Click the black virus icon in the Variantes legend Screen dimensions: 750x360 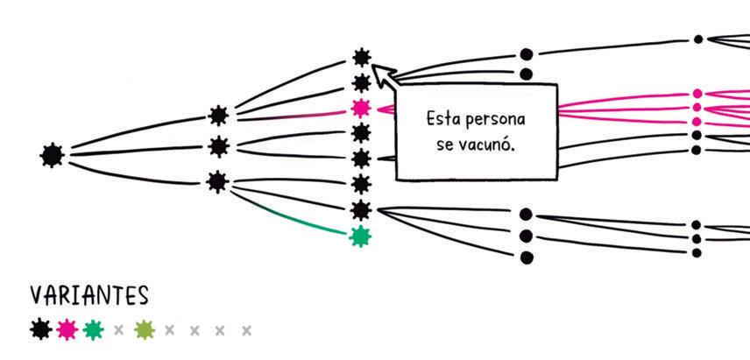click(x=39, y=329)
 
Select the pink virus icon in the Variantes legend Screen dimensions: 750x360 click(x=67, y=329)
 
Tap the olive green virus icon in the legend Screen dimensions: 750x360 click(x=145, y=329)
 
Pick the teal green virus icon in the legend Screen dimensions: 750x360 click(x=94, y=329)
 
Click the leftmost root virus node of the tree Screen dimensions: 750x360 click(x=53, y=155)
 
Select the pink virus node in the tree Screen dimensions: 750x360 click(x=360, y=108)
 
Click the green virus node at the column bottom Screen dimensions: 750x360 click(x=359, y=236)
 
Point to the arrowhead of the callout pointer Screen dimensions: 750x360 click(x=379, y=70)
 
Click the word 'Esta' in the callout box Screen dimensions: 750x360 click(x=442, y=118)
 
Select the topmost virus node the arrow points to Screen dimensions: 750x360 click(x=361, y=58)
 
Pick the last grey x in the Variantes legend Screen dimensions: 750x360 click(x=247, y=330)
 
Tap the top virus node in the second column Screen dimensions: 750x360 click(x=218, y=115)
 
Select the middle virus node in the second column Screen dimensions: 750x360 click(x=218, y=145)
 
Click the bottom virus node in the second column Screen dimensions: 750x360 click(x=217, y=181)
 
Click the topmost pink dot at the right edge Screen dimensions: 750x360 click(x=697, y=93)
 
